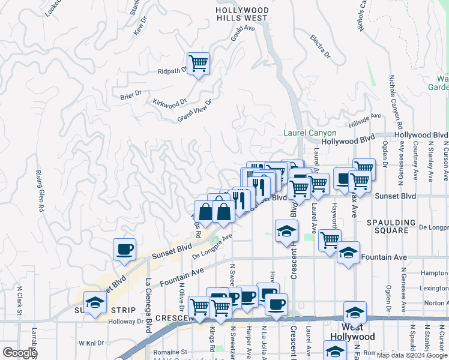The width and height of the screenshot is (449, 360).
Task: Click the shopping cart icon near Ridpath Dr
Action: click(199, 63)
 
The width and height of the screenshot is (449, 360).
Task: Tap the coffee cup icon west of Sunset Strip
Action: click(124, 250)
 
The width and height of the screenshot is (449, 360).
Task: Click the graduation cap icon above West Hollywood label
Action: click(355, 313)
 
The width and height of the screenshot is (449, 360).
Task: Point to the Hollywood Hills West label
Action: click(242, 14)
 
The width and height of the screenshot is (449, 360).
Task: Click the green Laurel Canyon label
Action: click(310, 133)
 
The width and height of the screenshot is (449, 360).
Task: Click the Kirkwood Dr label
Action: click(166, 103)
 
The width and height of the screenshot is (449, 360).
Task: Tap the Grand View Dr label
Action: click(194, 111)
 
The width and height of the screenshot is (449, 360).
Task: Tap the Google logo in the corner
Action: click(19, 353)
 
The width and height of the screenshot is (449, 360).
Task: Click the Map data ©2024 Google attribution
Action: click(411, 355)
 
